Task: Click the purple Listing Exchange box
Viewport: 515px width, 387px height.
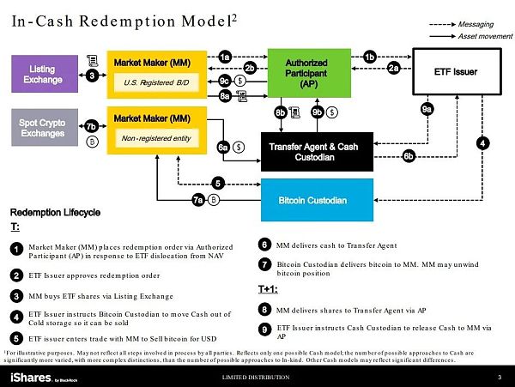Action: (42, 75)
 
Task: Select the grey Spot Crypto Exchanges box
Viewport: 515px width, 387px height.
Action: (42, 126)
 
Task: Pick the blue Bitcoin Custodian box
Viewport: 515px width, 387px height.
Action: (314, 200)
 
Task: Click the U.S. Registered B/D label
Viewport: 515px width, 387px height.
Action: (156, 83)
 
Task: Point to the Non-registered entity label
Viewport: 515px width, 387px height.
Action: (156, 136)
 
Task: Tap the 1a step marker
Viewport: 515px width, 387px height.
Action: (225, 57)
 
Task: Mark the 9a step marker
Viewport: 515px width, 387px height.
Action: (427, 109)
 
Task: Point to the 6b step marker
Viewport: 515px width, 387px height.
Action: (409, 155)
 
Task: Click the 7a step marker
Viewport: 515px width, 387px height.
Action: (197, 200)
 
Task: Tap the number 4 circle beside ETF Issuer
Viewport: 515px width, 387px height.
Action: (483, 142)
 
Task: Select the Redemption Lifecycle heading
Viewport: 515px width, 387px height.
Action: (56, 212)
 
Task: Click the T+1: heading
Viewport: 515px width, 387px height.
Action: (270, 289)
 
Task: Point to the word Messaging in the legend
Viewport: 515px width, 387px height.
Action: (477, 25)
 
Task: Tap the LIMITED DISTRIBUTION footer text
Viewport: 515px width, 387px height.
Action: (258, 378)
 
